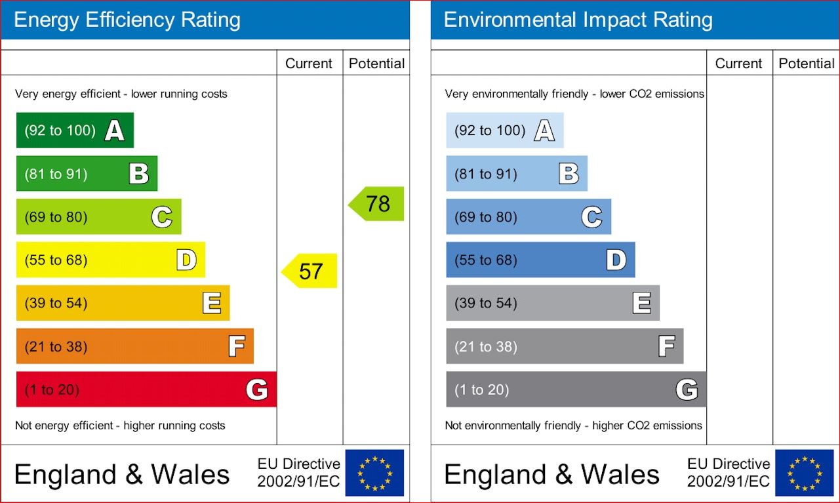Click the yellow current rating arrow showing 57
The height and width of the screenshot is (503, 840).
coord(310,271)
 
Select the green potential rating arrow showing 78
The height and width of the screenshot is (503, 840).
coord(377,204)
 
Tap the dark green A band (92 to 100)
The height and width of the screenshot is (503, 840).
coord(75,131)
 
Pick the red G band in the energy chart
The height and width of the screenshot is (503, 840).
coord(146,390)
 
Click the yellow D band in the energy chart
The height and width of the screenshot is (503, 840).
coord(110,260)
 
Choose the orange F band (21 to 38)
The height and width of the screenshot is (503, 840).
coord(134,346)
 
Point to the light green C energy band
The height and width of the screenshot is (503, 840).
coord(98,217)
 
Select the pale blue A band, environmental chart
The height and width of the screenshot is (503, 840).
coord(504,131)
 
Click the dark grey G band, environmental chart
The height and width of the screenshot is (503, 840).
coord(576,390)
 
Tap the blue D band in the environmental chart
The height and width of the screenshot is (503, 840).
coord(540,260)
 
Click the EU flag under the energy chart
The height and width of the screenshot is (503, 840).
coord(374,473)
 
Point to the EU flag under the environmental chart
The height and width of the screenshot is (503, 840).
coord(804,473)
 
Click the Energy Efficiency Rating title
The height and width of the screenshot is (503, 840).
coord(127,20)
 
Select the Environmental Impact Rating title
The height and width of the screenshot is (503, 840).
coord(578,20)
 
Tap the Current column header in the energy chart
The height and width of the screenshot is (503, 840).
coord(309,64)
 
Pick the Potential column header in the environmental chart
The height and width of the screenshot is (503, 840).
coord(807,64)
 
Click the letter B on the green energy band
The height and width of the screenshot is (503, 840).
coord(138,174)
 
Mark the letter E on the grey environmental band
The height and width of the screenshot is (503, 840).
coord(641,303)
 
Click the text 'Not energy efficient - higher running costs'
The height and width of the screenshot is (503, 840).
coord(120,426)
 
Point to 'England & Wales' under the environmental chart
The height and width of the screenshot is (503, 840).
coord(551,475)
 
